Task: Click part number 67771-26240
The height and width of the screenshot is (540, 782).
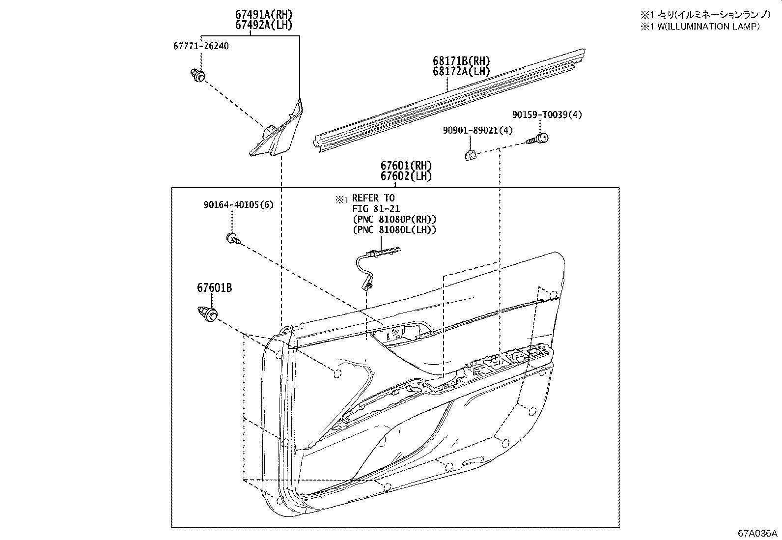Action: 201,46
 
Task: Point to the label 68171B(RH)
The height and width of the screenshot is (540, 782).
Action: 461,61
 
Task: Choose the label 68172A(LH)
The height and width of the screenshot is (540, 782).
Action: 461,72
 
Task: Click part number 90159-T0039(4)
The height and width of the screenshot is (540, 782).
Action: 547,114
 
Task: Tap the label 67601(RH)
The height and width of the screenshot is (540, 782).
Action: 405,166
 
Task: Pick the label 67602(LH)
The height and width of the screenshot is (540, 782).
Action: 405,176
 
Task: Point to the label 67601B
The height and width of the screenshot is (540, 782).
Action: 215,288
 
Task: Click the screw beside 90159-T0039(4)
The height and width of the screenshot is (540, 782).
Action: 538,139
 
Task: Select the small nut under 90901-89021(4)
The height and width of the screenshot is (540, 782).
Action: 470,155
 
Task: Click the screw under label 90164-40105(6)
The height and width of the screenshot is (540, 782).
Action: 233,239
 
